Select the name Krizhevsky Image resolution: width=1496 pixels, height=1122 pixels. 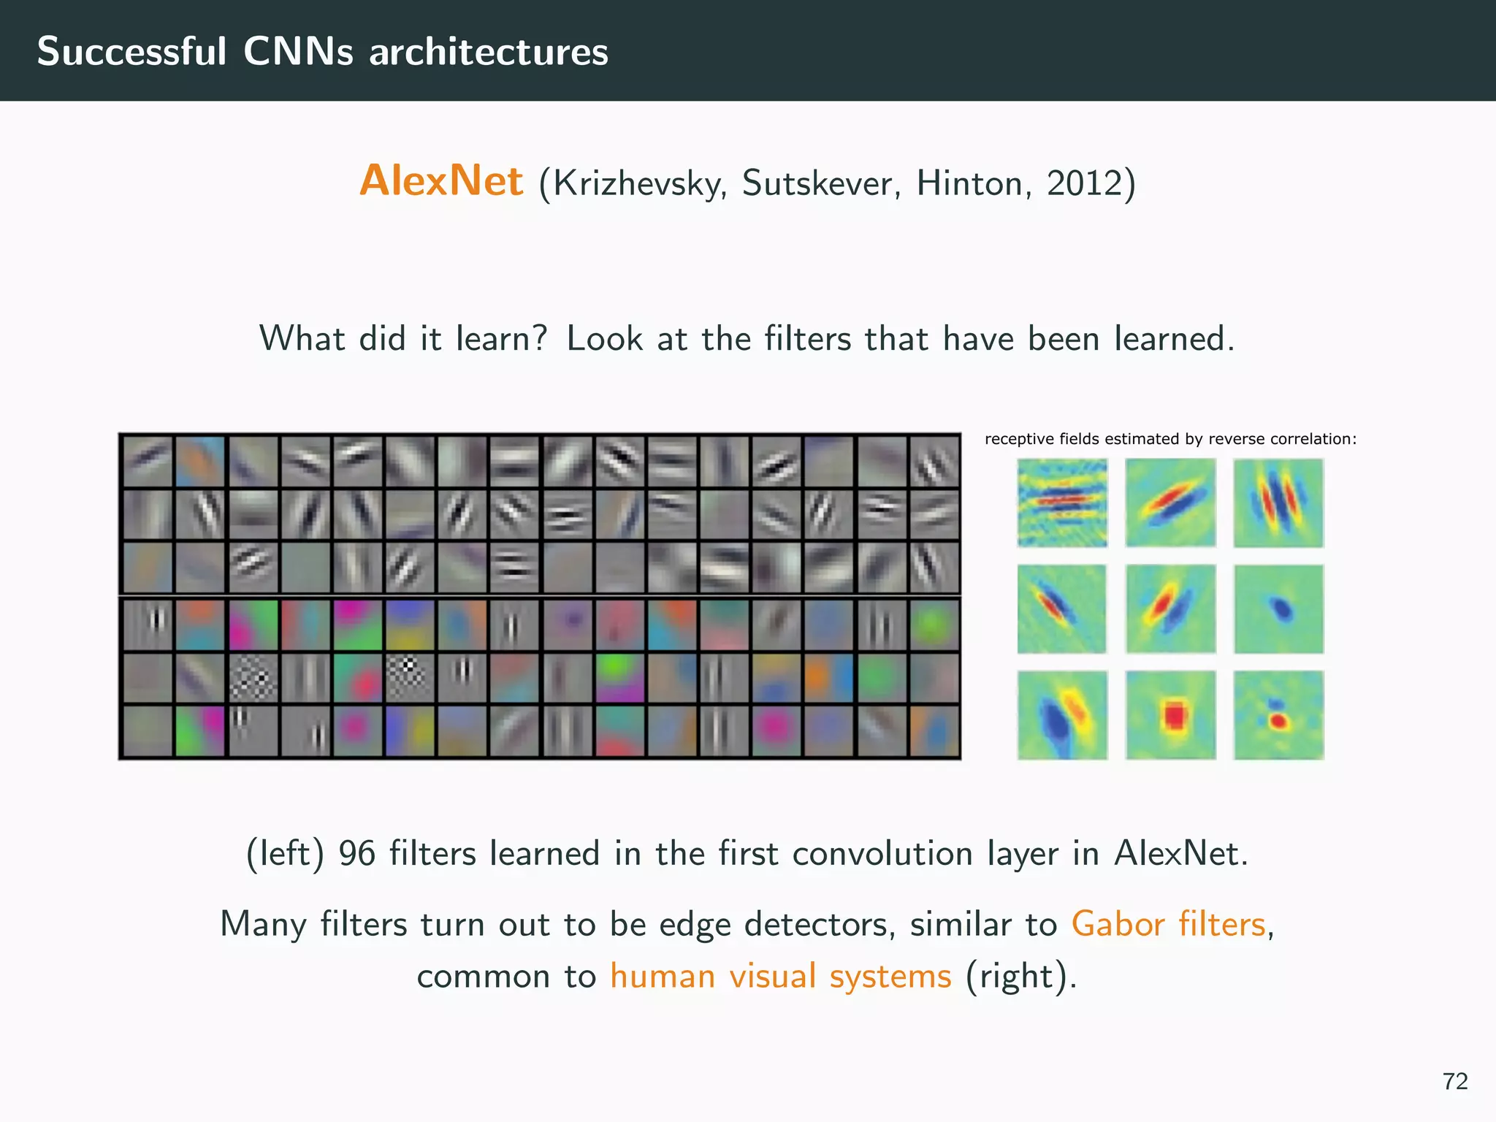tap(633, 183)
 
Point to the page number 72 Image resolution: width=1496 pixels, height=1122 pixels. tap(1454, 1081)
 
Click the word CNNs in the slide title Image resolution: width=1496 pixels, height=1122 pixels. tap(298, 52)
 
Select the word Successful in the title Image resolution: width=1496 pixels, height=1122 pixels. tap(131, 52)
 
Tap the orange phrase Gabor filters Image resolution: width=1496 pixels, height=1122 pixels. tap(1168, 923)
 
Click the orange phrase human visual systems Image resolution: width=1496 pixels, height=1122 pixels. tap(781, 976)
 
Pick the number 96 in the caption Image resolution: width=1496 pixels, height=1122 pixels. tap(356, 853)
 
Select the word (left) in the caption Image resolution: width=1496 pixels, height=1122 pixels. tap(285, 853)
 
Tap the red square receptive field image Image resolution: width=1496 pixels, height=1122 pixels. tap(1171, 715)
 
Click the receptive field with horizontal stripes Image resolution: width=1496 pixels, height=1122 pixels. tap(1062, 503)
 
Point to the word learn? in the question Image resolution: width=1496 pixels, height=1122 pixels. tap(501, 339)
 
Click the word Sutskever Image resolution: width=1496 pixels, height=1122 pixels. tap(821, 183)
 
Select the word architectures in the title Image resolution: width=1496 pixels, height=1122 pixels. tap(488, 52)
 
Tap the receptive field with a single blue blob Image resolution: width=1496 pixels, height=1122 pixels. tap(1279, 608)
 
